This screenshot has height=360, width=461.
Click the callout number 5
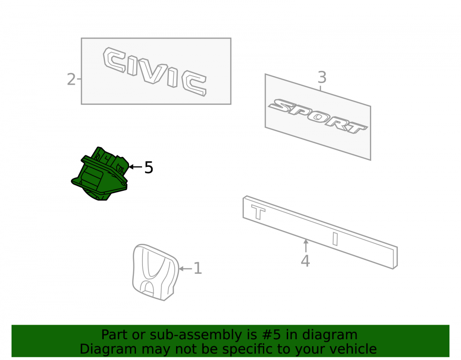coord(149,167)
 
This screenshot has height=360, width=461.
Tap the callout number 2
coord(71,79)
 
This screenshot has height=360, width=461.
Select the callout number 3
coord(322,77)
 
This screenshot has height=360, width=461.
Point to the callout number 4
coord(305,261)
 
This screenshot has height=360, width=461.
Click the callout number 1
coord(198,268)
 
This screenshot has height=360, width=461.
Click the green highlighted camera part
coord(100,174)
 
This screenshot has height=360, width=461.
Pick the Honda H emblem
coord(155,272)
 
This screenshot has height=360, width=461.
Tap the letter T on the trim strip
coord(258,212)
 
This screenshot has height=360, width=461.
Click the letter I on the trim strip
coord(335,239)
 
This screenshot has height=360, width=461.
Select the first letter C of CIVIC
coord(114,60)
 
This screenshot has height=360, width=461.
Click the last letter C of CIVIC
coord(194,83)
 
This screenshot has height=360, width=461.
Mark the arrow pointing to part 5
coord(136,166)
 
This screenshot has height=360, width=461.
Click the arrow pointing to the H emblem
coord(185,269)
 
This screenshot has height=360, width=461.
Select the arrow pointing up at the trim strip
coord(306,246)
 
